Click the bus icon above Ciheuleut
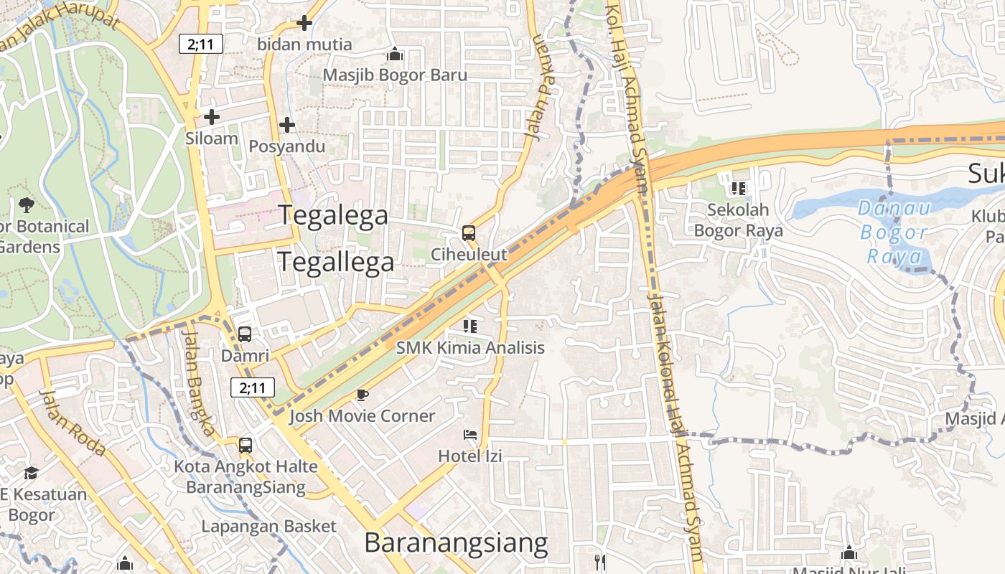tap(469, 232)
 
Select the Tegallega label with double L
tap(336, 262)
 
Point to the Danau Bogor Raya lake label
tap(894, 232)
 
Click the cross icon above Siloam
tap(212, 116)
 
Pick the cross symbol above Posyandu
tap(287, 125)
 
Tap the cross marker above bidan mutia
tap(304, 23)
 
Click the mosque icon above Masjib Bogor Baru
tap(395, 55)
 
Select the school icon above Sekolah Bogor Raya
tap(738, 189)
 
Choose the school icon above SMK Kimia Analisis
tap(470, 326)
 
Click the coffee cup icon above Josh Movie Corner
tap(363, 395)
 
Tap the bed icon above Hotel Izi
tap(469, 435)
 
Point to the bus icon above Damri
tap(245, 334)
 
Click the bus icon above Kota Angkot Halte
tap(246, 445)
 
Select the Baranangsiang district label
tap(456, 542)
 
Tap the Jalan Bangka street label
tap(197, 382)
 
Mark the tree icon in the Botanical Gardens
tap(27, 204)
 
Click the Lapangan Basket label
tap(268, 526)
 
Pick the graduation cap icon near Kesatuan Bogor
tap(31, 473)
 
